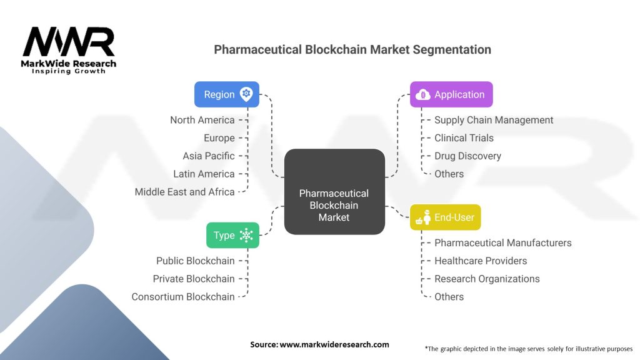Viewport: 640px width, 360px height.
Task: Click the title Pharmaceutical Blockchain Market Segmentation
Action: click(352, 49)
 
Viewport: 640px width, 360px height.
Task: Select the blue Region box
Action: click(226, 94)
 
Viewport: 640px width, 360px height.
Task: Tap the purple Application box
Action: click(451, 94)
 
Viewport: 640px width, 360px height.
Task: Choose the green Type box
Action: click(232, 235)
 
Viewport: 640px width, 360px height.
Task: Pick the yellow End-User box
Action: click(446, 217)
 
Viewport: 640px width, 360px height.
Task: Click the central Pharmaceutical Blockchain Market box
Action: click(334, 192)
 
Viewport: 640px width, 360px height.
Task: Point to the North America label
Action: click(202, 120)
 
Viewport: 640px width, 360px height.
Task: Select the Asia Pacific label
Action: click(209, 156)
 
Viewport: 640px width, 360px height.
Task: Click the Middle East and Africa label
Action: click(185, 192)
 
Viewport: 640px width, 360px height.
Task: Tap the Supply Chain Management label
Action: click(494, 120)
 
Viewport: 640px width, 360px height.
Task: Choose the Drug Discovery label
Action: click(467, 156)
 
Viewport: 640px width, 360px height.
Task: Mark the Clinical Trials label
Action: click(464, 138)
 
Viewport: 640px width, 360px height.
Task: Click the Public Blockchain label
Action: click(196, 261)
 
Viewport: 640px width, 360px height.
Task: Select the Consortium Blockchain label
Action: click(183, 297)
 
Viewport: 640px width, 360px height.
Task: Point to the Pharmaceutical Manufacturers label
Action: click(502, 242)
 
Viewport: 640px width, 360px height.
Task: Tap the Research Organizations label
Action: click(487, 279)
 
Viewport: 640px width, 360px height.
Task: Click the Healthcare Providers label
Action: click(481, 261)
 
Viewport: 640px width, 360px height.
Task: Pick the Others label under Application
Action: click(449, 174)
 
